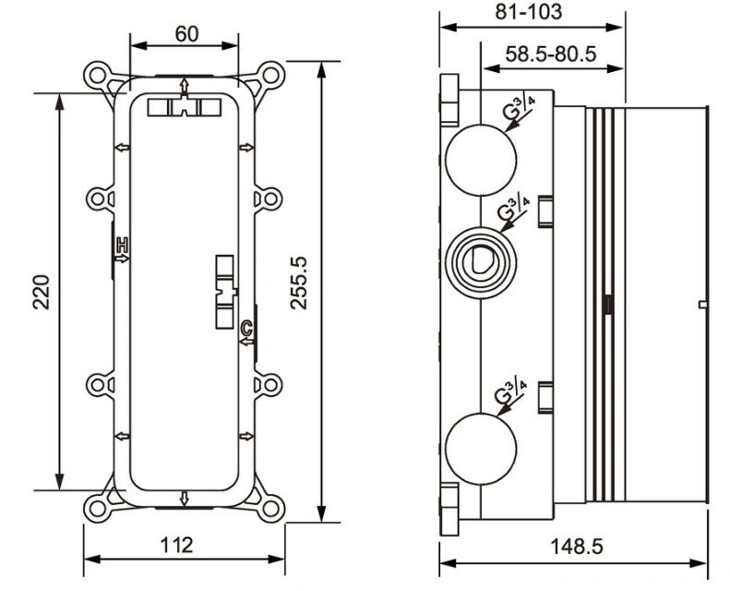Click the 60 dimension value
pyautogui.click(x=186, y=33)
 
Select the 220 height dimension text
pyautogui.click(x=42, y=293)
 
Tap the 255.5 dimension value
pyautogui.click(x=299, y=283)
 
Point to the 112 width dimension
pyautogui.click(x=176, y=545)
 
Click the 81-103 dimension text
pyautogui.click(x=529, y=12)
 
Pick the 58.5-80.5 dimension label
pyautogui.click(x=551, y=54)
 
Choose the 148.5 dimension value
pyautogui.click(x=577, y=547)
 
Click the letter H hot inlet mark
pyautogui.click(x=122, y=243)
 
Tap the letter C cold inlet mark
pyautogui.click(x=246, y=328)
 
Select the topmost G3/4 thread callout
pyautogui.click(x=518, y=108)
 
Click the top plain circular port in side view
pyautogui.click(x=481, y=160)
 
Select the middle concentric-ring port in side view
pyautogui.click(x=481, y=262)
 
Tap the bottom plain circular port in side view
pyautogui.click(x=481, y=448)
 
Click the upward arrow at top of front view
pyautogui.click(x=185, y=86)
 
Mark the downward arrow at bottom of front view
pyautogui.click(x=185, y=499)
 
